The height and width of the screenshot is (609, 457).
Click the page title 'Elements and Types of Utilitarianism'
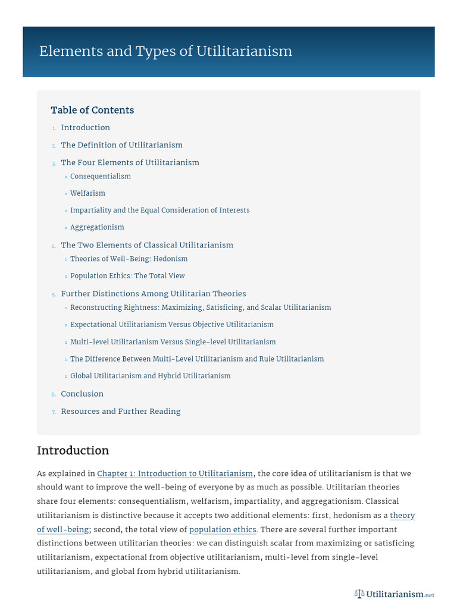(165, 51)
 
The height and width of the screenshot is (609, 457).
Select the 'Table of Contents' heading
(92, 110)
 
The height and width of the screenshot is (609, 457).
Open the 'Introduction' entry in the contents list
(85, 127)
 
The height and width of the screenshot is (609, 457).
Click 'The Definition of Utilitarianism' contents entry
(121, 145)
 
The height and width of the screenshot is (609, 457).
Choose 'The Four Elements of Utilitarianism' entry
(130, 162)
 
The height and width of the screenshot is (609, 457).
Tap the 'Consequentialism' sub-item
(100, 176)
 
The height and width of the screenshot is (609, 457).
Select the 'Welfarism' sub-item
(87, 193)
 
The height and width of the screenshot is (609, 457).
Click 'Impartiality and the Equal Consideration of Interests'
(159, 210)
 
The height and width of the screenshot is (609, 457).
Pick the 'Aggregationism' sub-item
(97, 227)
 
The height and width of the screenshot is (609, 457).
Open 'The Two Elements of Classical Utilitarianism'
(147, 245)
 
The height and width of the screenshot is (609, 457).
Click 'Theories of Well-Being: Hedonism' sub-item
(129, 259)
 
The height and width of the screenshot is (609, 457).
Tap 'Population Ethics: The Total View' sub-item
(127, 276)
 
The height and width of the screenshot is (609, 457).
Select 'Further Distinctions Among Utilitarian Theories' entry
(153, 294)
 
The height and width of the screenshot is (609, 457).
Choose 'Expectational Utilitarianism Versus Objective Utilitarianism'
(171, 325)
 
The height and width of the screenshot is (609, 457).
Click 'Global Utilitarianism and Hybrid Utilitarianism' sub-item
(150, 376)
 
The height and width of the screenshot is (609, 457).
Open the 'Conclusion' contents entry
(82, 394)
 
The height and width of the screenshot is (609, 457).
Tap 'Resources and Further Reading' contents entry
(120, 412)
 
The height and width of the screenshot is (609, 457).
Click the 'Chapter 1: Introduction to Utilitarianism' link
(175, 473)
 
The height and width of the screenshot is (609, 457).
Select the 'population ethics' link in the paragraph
(223, 529)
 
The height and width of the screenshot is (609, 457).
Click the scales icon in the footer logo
(359, 594)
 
